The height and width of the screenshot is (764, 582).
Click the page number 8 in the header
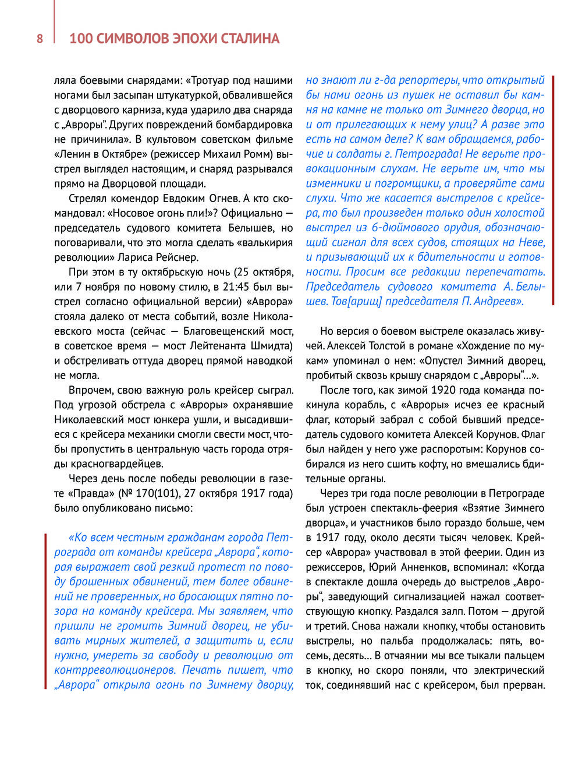40,39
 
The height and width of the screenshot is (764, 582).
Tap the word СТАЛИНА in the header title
250,39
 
